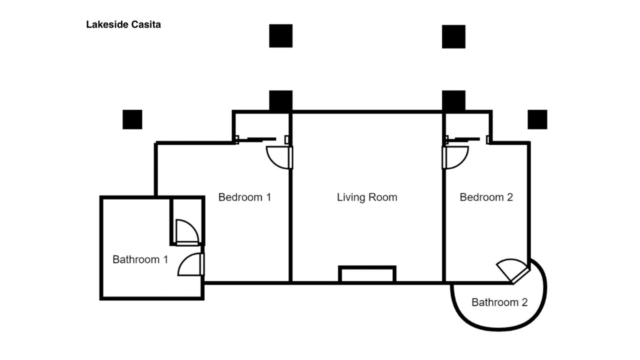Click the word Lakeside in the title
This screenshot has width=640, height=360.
click(x=107, y=24)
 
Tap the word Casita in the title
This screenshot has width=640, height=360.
click(x=146, y=24)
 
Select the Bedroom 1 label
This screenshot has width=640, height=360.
click(x=244, y=197)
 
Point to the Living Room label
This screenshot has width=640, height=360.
click(x=367, y=197)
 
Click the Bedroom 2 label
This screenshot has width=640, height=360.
click(x=486, y=197)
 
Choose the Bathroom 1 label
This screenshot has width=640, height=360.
click(x=140, y=259)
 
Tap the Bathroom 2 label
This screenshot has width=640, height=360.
click(x=499, y=302)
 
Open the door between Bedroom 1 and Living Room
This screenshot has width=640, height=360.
click(x=279, y=157)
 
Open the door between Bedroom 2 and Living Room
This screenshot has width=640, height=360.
click(x=455, y=157)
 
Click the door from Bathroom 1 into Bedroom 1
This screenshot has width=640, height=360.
click(x=191, y=264)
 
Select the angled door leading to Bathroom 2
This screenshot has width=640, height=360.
click(x=513, y=271)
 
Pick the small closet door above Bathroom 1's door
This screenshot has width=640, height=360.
click(x=187, y=232)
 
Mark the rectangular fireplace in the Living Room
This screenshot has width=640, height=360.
click(x=367, y=274)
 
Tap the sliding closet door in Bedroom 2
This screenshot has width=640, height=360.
click(x=467, y=139)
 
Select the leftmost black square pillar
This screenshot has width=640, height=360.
click(x=132, y=119)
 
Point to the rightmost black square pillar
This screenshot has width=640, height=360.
click(x=537, y=119)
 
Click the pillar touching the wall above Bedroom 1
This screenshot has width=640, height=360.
click(x=281, y=101)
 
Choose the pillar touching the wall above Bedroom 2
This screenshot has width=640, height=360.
click(x=453, y=101)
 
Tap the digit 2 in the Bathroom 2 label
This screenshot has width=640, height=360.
click(x=524, y=302)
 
